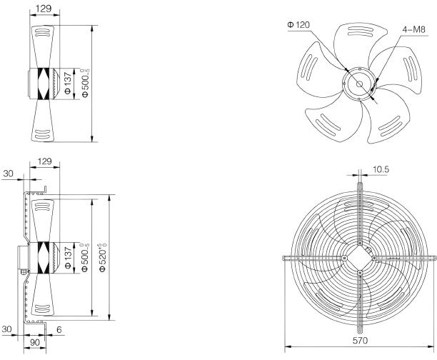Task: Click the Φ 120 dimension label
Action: pos(298,25)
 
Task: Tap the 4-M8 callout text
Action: pos(414,29)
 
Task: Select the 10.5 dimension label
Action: pos(381,169)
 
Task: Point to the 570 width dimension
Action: pos(360,341)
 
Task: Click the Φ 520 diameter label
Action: pos(102,258)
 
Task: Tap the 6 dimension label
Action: pos(59,329)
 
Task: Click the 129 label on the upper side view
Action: pos(44,9)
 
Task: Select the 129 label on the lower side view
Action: pos(44,161)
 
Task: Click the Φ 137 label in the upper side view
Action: pos(68,84)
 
